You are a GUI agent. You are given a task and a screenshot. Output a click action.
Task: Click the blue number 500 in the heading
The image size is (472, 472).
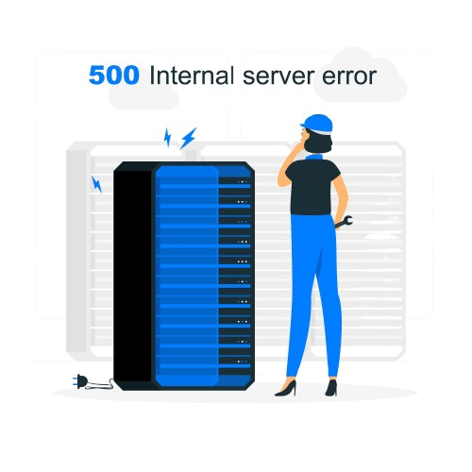coord(114,76)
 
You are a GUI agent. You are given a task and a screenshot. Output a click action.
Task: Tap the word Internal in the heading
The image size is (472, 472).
coord(192,76)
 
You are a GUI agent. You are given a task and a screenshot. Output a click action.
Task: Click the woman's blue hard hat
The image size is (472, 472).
coord(317,125)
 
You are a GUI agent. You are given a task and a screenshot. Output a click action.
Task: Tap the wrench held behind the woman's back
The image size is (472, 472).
coord(344,222)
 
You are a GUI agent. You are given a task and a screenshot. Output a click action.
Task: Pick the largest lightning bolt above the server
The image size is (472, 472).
coord(188,138)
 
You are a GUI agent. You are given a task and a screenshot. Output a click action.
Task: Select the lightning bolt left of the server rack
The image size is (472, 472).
coord(96,184)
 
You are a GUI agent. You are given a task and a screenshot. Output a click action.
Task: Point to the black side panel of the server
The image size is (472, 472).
coord(133,276)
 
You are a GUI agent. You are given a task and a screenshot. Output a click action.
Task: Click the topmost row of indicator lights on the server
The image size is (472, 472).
coord(243,182)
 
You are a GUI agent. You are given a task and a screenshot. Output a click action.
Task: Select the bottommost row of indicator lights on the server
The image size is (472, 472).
coord(243,362)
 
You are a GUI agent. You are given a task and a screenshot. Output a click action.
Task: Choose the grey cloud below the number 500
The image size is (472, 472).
coord(143,96)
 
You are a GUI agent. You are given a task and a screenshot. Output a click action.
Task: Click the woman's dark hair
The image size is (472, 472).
coord(318,143)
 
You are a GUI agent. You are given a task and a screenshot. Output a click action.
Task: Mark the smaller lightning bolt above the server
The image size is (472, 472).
coord(168,137)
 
